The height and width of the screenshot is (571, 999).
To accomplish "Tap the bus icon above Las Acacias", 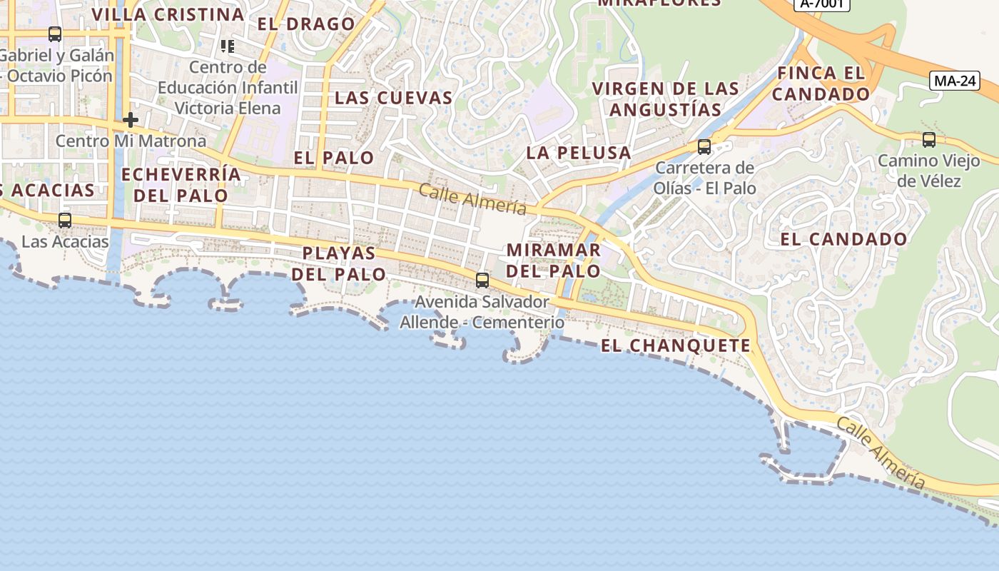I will click(x=65, y=220).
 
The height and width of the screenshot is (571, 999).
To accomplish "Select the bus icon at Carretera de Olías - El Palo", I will click(x=704, y=147).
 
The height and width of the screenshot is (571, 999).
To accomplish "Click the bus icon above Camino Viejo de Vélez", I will click(x=928, y=140).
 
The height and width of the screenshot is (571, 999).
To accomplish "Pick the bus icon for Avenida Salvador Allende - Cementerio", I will click(x=482, y=280).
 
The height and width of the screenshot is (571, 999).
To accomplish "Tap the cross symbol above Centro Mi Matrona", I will click(x=130, y=119).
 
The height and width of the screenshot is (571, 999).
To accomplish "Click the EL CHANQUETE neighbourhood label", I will click(x=676, y=346).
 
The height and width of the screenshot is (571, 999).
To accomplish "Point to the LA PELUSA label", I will click(x=579, y=153).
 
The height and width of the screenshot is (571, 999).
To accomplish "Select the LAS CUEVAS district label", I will click(x=394, y=98).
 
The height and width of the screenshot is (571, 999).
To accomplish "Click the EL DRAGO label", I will click(x=306, y=24).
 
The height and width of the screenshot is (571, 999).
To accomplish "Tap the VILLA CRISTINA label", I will click(x=168, y=14).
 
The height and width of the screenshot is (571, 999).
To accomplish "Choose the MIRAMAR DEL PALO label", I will click(x=554, y=261).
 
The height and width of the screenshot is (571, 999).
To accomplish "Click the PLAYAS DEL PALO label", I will click(x=338, y=263).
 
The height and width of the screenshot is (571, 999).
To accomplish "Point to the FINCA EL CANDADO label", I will click(x=821, y=84).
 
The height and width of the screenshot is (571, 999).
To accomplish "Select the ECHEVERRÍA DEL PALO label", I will click(x=181, y=185).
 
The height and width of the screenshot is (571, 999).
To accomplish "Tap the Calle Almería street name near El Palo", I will click(x=472, y=199).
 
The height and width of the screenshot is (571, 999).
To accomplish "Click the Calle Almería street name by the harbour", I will click(x=881, y=453).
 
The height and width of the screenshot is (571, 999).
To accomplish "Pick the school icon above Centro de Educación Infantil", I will click(x=228, y=47).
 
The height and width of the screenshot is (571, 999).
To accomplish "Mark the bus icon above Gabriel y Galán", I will click(x=55, y=34).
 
